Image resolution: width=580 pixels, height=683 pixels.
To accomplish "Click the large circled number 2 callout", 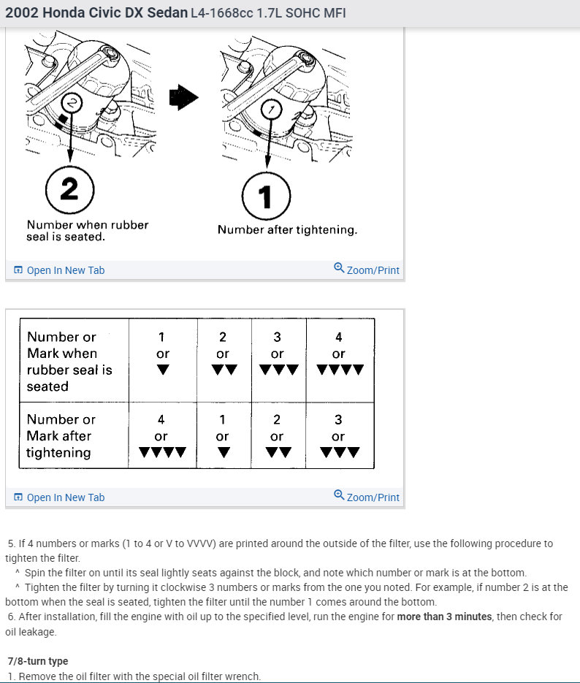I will click(x=69, y=189).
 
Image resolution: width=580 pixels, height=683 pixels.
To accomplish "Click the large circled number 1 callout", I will click(x=266, y=196).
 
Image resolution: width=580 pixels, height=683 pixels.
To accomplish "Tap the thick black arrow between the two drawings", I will click(x=183, y=98).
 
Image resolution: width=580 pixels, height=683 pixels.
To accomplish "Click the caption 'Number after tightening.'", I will click(x=287, y=230).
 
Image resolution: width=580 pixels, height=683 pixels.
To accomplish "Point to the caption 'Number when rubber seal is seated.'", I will click(x=87, y=231).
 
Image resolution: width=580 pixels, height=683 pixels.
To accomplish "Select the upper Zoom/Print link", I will click(x=367, y=270).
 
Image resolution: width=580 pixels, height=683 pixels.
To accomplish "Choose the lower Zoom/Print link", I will click(x=367, y=497).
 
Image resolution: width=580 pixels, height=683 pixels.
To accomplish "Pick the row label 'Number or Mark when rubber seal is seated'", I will click(x=69, y=362).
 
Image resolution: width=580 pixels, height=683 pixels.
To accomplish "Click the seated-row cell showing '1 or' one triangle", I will click(x=162, y=354).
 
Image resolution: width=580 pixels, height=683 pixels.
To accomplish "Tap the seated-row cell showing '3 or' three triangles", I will click(x=277, y=354).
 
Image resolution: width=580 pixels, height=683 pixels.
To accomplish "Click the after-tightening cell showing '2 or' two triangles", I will click(x=277, y=436).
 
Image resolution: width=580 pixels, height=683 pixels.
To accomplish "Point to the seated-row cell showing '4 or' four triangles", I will click(x=339, y=354).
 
